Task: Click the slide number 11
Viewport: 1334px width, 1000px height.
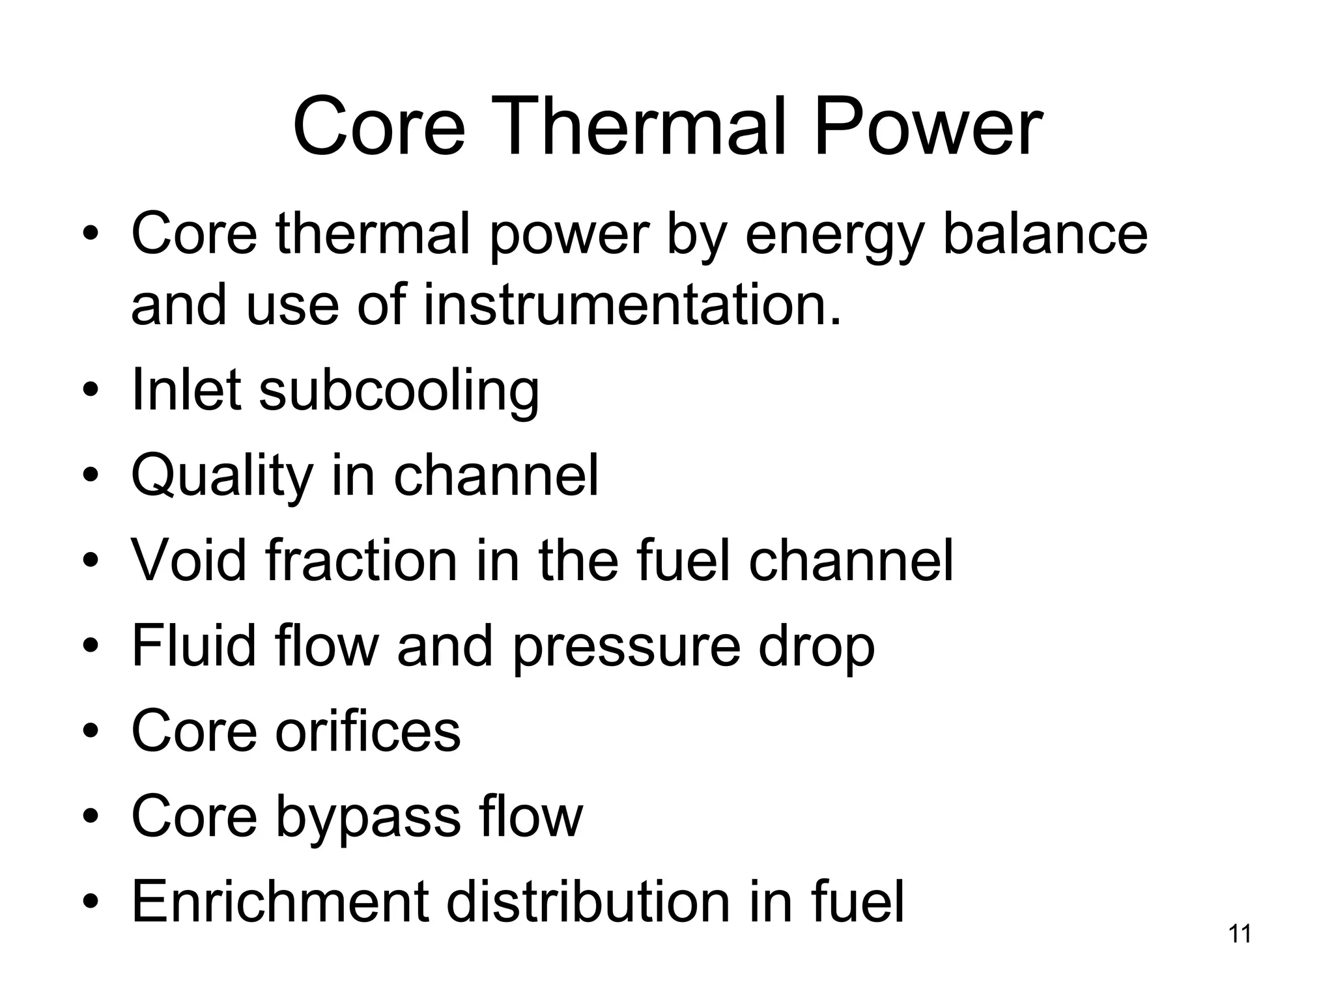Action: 1240,934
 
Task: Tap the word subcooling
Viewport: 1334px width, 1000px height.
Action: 399,391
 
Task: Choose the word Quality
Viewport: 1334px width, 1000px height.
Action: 222,477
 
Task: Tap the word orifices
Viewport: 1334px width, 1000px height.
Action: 368,730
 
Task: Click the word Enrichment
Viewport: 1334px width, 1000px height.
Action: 281,901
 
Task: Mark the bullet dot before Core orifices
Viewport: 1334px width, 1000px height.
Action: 91,732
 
